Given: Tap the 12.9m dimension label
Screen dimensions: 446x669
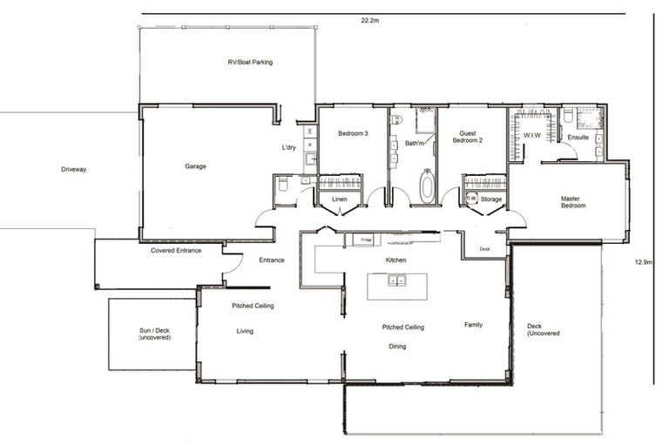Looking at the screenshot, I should click(641, 262).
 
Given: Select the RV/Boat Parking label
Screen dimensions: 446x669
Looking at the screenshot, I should click(250, 63).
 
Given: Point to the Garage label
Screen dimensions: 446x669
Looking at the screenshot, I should click(195, 166).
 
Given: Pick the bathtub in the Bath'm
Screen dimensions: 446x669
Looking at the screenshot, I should click(427, 187).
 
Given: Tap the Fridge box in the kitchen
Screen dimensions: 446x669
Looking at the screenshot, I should click(366, 240).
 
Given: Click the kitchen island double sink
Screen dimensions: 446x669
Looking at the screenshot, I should click(396, 280).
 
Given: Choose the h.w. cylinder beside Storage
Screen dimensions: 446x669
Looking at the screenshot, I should click(471, 199).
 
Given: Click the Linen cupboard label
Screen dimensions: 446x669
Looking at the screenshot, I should click(340, 199).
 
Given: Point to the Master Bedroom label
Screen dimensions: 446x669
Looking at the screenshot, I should click(572, 202).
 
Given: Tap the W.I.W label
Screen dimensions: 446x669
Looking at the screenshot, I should click(531, 135).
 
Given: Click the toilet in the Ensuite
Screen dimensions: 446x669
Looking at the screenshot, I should click(567, 117).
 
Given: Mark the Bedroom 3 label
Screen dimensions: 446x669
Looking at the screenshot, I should click(352, 132).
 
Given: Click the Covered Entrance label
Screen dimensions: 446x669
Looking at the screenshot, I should click(176, 251).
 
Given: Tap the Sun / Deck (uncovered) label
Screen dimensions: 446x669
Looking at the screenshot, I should click(154, 334).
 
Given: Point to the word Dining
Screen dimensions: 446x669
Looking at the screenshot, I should click(396, 347).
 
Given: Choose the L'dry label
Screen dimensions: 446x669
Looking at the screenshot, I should click(289, 148).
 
